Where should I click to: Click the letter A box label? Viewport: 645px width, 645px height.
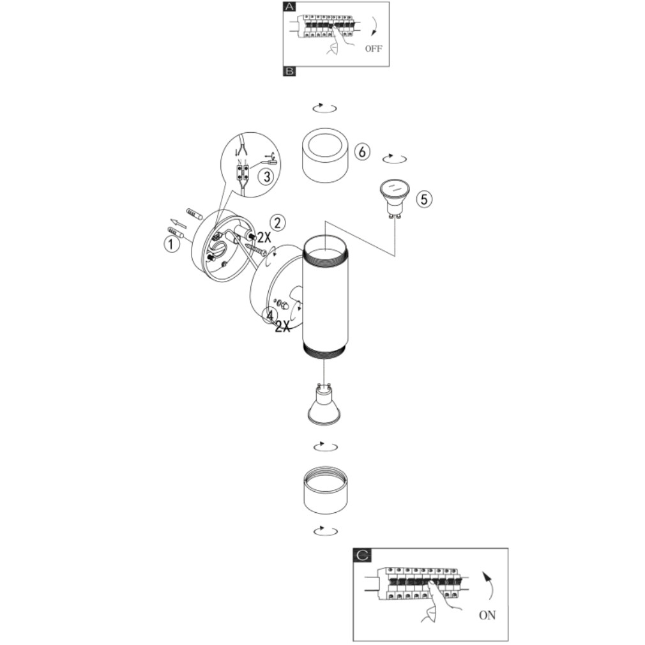pos(289,6)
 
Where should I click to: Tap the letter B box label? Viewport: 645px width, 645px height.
pos(289,71)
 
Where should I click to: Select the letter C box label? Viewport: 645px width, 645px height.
pos(362,556)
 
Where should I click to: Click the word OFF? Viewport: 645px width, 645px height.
pos(374,49)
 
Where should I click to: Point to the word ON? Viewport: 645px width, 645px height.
pos(487,616)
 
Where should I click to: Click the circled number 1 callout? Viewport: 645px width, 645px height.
pos(172,245)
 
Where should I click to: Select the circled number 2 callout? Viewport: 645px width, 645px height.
pos(278,222)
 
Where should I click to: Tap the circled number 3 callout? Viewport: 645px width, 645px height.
pos(266,176)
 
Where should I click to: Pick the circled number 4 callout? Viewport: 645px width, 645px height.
pos(269,315)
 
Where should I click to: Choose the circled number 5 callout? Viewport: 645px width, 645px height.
pos(424,199)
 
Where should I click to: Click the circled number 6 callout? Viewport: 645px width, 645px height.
pos(362,152)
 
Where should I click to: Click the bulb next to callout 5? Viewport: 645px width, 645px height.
pos(394,198)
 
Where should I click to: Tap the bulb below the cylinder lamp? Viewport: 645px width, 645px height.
pos(324,404)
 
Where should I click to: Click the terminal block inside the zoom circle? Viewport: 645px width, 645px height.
pos(242,172)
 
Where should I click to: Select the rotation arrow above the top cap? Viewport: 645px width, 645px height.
pos(325,108)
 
